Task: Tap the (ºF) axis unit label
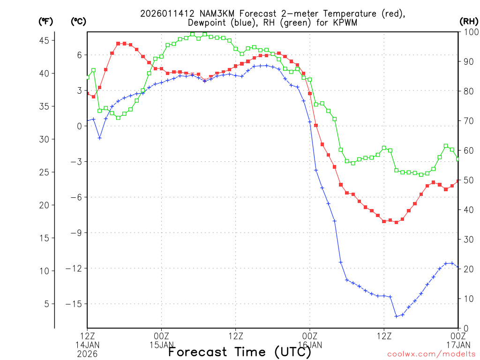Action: coord(46,22)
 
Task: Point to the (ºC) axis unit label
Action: coord(79,22)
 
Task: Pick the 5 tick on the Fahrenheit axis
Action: coord(46,304)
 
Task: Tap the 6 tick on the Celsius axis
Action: coord(80,55)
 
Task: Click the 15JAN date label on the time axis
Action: coord(162,345)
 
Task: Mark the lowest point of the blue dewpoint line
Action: coord(396,316)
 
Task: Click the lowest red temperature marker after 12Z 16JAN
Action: coord(396,222)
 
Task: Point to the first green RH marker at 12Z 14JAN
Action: coord(87,77)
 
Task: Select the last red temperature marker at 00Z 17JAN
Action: coord(458,181)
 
